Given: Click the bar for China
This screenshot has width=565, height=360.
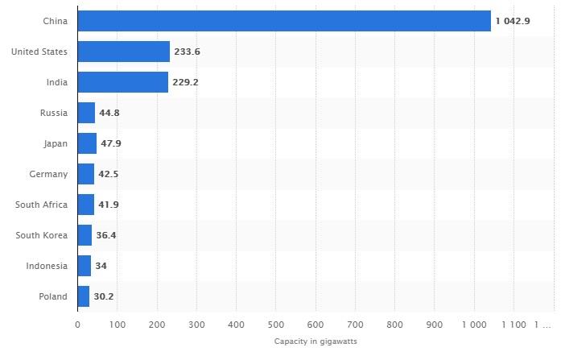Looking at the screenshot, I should [284, 21].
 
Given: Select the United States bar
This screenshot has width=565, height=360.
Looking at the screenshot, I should [124, 52].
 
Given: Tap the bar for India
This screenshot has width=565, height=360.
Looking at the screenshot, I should [123, 82].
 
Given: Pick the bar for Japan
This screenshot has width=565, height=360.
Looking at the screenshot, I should [87, 143].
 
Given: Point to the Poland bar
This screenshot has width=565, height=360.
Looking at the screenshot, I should [84, 296].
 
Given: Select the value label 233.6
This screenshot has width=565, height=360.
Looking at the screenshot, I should [188, 52].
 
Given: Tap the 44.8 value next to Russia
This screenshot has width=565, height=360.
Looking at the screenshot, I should [109, 113].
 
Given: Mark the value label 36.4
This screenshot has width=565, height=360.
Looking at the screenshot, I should [106, 235].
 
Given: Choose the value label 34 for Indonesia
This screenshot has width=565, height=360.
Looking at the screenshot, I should [101, 266].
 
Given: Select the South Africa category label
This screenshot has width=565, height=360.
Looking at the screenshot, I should [41, 205].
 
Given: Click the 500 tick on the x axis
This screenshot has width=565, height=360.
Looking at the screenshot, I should [275, 325].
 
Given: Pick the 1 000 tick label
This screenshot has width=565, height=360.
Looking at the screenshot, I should [473, 325].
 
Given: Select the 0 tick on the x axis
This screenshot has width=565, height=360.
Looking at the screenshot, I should [77, 325].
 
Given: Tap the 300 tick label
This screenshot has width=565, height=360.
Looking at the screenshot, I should [196, 325].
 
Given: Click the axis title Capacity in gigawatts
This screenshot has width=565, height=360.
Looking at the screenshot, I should [315, 341].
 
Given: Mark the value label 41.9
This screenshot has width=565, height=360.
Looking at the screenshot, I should [109, 205].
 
